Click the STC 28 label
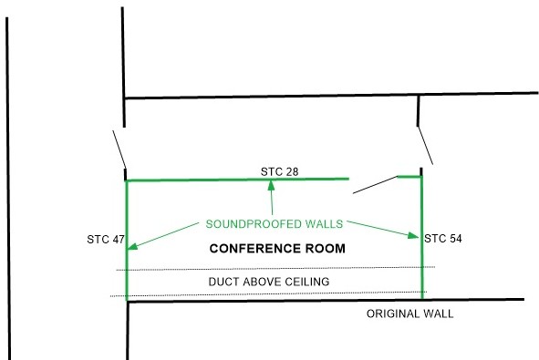pyautogui.click(x=279, y=171)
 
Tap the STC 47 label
pyautogui.click(x=106, y=240)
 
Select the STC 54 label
pyautogui.click(x=442, y=239)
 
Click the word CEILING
pyautogui.click(x=307, y=282)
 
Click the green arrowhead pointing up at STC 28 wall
pyautogui.click(x=271, y=186)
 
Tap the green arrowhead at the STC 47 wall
pyautogui.click(x=132, y=246)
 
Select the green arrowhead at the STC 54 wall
pyautogui.click(x=413, y=236)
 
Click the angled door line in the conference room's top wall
pyautogui.click(x=376, y=185)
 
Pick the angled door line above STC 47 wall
pyautogui.click(x=119, y=149)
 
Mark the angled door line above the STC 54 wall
pyautogui.click(x=425, y=146)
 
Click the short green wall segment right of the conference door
pyautogui.click(x=409, y=177)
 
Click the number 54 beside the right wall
pyautogui.click(x=454, y=239)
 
